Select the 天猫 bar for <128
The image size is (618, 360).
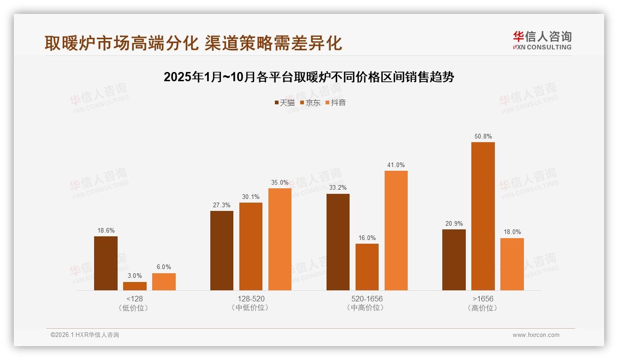point(106,263)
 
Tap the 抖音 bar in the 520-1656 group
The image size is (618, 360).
point(396,230)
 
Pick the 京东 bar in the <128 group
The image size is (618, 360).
point(135,286)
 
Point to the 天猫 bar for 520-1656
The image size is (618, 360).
point(338,242)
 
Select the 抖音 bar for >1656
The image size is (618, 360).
point(512,264)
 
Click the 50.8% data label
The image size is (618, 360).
point(483,136)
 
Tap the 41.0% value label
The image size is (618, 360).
point(396,165)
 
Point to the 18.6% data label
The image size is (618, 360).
point(106,230)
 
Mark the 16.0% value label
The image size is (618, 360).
point(367,238)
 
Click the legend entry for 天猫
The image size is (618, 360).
point(285,102)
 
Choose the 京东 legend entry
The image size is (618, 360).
point(310,102)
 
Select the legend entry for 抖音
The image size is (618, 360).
point(336,102)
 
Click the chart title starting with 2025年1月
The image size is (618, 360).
point(309,77)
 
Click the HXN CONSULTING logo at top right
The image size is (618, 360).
point(542,40)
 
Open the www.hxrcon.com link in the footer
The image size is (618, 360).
point(536,335)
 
